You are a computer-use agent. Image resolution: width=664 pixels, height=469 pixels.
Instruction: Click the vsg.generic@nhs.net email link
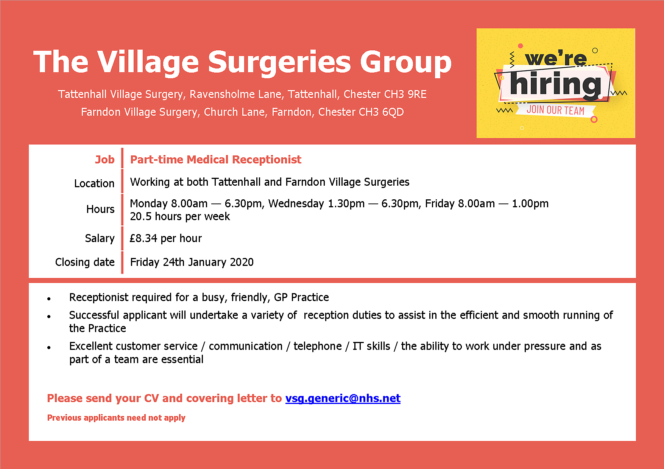(x=343, y=398)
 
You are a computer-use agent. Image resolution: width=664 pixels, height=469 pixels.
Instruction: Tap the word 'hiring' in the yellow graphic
(x=555, y=84)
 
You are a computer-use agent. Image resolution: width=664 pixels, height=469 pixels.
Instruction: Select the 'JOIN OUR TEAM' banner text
(x=555, y=110)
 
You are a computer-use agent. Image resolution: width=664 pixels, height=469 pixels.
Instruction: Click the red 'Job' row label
(x=104, y=160)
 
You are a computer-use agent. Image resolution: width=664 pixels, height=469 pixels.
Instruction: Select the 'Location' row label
(x=94, y=183)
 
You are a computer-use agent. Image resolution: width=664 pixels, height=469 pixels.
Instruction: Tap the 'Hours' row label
(x=100, y=209)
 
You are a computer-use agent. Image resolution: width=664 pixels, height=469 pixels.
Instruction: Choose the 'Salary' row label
(x=100, y=238)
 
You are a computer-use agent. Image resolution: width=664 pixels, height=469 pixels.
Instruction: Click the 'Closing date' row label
(x=85, y=262)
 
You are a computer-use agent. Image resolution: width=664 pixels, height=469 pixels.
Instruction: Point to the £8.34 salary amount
(x=143, y=238)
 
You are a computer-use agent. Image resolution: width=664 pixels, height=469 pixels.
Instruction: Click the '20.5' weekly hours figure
(x=140, y=217)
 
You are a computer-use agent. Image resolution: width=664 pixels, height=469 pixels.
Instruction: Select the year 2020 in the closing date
(x=242, y=262)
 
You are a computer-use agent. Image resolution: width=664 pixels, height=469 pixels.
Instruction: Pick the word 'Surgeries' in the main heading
(x=279, y=62)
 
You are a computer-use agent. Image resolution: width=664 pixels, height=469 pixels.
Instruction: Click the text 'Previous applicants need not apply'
(x=116, y=418)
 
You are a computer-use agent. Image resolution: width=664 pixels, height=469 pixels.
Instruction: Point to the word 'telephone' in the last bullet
(x=318, y=346)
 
